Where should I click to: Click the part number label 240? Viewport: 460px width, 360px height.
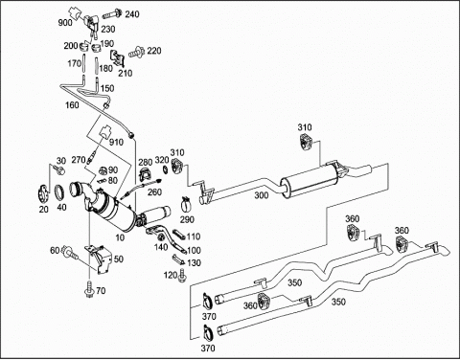coord(132,14)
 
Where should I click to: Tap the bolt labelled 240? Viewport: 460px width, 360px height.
coord(112,14)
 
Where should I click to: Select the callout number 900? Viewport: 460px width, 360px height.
coord(65,23)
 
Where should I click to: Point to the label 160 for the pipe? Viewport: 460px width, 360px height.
coord(72,104)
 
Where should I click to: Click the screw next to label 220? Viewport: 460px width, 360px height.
coord(136,52)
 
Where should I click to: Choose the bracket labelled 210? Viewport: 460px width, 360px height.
coord(117,59)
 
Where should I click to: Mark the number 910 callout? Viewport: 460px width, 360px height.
coord(116,142)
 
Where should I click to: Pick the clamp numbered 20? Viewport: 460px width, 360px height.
coord(43,193)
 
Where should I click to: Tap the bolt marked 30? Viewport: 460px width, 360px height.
coord(58,169)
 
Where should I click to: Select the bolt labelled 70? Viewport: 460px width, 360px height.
coord(88,291)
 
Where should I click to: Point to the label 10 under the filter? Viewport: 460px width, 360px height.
coord(120,237)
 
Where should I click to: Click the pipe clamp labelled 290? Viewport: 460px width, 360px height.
coord(186,204)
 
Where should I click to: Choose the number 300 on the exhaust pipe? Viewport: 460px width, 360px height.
coord(262,195)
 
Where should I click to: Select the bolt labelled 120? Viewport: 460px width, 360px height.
coord(182,276)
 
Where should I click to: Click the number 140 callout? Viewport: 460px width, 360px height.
coord(161,247)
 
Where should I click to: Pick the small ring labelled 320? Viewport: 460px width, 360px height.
coord(166,169)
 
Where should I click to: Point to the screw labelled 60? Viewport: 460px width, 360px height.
coord(70,252)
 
